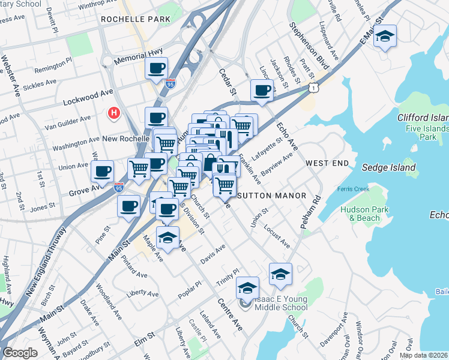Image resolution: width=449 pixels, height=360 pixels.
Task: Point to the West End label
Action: [x=327, y=163]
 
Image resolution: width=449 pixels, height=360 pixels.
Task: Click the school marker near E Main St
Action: [x=385, y=38]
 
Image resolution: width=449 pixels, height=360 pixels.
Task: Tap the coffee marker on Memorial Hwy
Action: [x=156, y=68]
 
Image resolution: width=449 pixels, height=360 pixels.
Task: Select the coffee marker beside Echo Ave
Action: [x=262, y=91]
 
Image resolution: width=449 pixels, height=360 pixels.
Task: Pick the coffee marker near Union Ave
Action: [x=102, y=172]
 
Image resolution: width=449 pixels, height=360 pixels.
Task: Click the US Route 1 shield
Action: [x=313, y=88]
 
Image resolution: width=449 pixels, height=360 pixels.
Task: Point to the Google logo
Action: [x=20, y=353]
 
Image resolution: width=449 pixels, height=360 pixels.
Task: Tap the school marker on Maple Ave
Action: [x=168, y=238]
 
